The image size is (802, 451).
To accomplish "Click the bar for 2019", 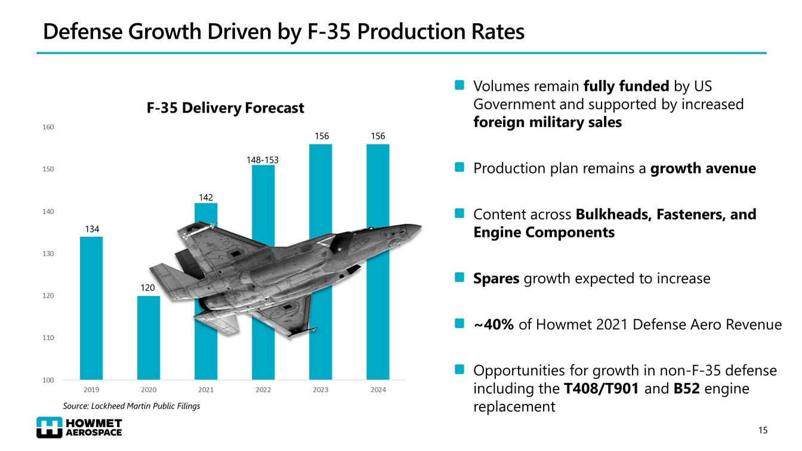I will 91,308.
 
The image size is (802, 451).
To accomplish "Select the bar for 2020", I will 149,338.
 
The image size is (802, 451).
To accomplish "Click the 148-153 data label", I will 263,160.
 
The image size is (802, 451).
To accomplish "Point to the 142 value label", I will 206,197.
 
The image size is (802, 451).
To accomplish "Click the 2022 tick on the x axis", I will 263,390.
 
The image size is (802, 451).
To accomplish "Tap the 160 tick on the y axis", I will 49,127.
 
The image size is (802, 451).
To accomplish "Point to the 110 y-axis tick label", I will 49,338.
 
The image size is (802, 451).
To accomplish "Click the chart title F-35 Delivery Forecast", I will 226,109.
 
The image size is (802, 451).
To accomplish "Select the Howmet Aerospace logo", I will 79,427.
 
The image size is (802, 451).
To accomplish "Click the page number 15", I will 762,431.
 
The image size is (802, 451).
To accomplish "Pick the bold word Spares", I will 496,279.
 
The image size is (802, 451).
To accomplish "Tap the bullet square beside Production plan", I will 459,168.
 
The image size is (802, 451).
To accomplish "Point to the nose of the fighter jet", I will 418,227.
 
